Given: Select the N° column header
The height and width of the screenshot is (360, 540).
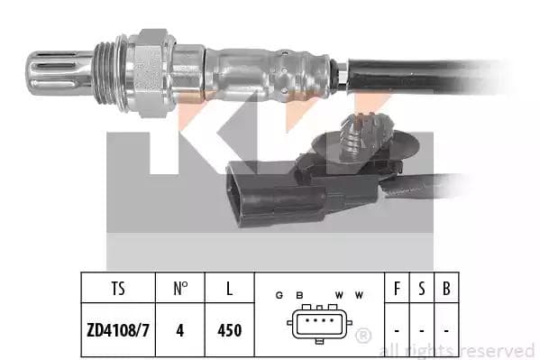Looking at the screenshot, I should pos(180,290).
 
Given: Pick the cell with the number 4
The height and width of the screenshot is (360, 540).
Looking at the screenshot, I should pos(180,330).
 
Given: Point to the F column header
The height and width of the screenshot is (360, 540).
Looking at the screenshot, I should pos(397,290).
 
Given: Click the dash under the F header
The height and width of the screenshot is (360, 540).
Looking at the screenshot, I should pos(397,330).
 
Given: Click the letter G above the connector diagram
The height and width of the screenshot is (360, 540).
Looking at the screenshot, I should pos(280,296).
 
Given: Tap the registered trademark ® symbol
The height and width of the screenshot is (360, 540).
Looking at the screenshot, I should pos(363,336).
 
